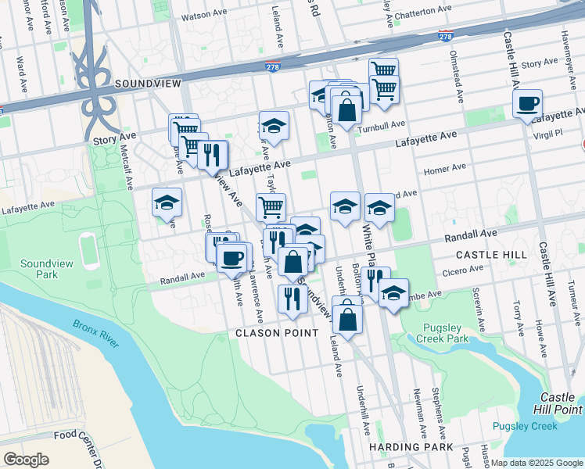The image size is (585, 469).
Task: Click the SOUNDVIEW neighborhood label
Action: click(147, 83)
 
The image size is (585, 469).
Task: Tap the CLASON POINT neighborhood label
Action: click(278, 333)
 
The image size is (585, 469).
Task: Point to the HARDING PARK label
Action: click(411, 447)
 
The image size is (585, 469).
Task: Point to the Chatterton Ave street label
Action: click(423, 9)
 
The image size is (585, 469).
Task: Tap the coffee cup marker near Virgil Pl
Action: click(528, 104)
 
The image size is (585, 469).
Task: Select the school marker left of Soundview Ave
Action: click(167, 203)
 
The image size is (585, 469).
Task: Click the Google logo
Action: click(26, 459)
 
